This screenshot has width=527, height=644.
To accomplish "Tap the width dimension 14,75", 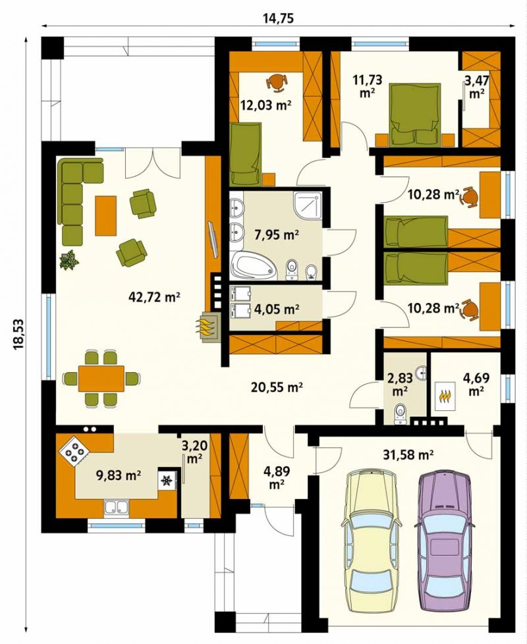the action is pyautogui.click(x=278, y=18).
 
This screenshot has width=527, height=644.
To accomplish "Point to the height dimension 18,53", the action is pyautogui.click(x=19, y=334).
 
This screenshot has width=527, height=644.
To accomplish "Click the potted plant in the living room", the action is pyautogui.click(x=69, y=259).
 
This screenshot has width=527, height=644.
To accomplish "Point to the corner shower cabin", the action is pyautogui.click(x=308, y=204).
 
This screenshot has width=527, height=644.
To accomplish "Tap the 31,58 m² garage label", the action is pyautogui.click(x=409, y=454).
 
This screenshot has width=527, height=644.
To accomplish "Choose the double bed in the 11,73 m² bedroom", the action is pyautogui.click(x=416, y=114).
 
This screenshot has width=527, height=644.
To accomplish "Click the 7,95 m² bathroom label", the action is pyautogui.click(x=277, y=235).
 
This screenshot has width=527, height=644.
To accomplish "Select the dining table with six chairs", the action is pyautogui.click(x=101, y=378).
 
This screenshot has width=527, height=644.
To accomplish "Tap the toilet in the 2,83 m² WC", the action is pyautogui.click(x=399, y=414).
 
